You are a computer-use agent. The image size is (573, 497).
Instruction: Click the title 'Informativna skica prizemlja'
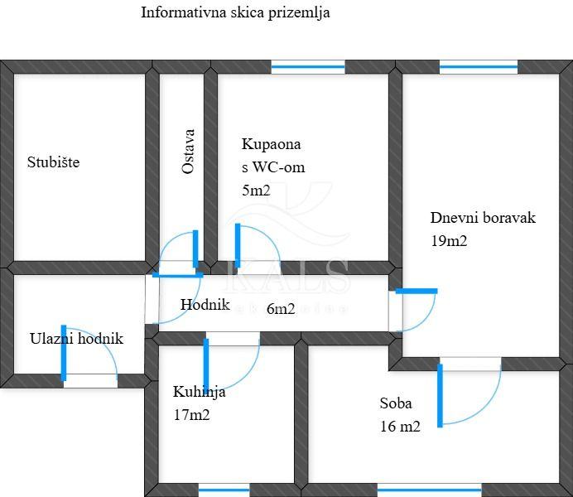[x=235, y=12]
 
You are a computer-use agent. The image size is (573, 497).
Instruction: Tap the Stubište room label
[x=53, y=162]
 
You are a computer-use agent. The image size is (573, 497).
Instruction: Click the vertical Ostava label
[x=189, y=151]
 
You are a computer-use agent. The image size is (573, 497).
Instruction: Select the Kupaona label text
[x=271, y=144]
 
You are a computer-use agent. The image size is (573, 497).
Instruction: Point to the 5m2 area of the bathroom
[x=256, y=191]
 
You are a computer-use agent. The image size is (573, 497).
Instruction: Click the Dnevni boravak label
[x=483, y=218]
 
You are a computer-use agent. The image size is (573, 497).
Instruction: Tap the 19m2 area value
[x=449, y=242]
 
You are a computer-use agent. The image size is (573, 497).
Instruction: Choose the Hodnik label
[x=205, y=304]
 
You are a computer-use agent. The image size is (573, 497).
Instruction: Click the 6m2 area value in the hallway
[x=281, y=309]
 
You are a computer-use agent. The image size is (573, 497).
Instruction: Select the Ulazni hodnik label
[x=76, y=338]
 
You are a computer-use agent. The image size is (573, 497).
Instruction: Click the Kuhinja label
[x=199, y=392]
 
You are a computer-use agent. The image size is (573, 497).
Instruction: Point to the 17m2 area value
[x=191, y=415]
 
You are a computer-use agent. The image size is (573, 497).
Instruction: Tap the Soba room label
[x=396, y=403]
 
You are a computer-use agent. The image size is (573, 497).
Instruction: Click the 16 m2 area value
[x=400, y=427]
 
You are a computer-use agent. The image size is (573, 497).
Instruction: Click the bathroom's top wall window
[x=308, y=67]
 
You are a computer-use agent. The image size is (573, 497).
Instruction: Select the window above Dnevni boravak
[x=478, y=67]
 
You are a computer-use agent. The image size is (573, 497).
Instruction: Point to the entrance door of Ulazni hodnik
[x=89, y=380]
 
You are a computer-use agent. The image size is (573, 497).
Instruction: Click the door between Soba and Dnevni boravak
[x=469, y=364]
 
